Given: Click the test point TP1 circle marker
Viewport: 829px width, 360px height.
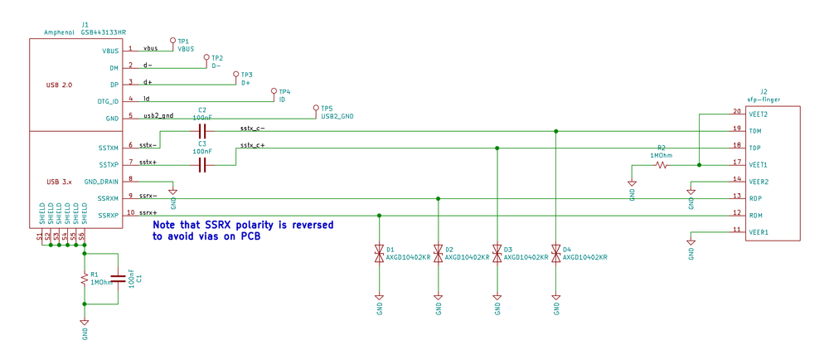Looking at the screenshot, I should [x=172, y=40].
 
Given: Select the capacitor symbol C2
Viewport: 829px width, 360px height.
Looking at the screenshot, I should [x=202, y=131].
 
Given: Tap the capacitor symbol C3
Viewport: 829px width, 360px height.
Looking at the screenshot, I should [x=202, y=165].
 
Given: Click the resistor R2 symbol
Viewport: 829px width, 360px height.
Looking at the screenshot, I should [x=662, y=165].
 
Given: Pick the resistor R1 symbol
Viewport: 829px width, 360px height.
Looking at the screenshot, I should [x=84, y=280].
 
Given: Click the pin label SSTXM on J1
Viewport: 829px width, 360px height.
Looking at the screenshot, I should [x=108, y=148].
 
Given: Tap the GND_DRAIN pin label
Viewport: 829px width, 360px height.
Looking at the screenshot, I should [x=102, y=182].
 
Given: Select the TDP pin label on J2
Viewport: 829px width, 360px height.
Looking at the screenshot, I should [x=755, y=148].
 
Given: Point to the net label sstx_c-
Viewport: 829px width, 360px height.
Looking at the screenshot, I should [x=252, y=128].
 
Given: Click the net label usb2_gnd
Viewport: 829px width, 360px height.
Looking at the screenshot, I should [x=158, y=115].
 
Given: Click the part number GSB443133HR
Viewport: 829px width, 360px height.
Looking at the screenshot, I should [x=104, y=31].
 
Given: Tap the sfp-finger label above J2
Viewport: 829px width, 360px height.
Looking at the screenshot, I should [x=764, y=99].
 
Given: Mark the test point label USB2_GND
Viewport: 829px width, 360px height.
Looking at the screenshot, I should [x=337, y=117].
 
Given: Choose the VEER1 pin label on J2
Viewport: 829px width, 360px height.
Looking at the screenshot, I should [x=759, y=232].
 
